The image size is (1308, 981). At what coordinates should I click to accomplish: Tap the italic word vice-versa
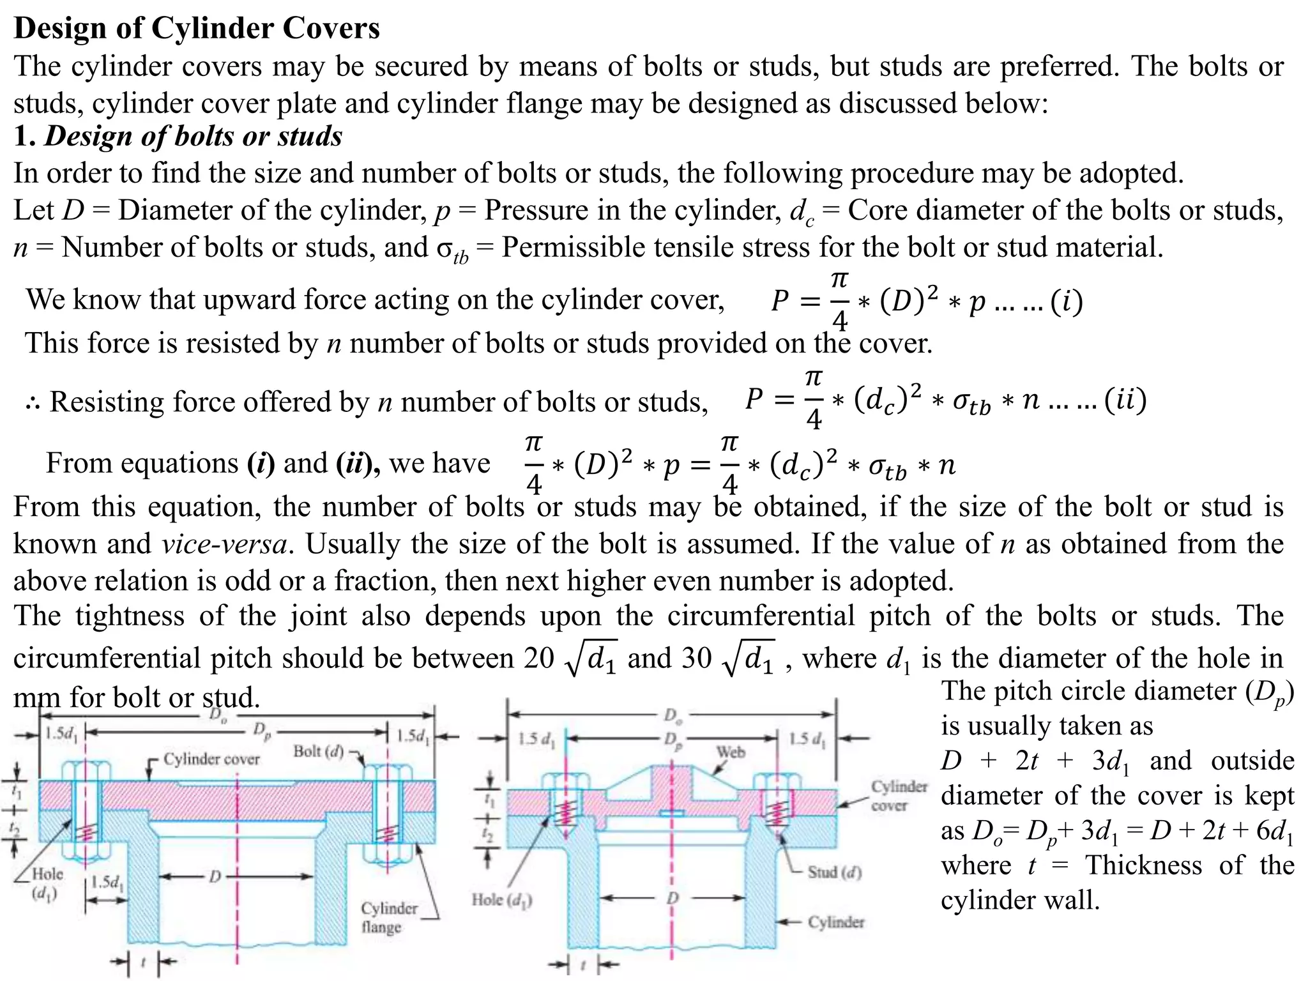224,544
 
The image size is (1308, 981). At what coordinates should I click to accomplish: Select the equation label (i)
1067,301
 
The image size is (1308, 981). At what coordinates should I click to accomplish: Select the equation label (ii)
1125,400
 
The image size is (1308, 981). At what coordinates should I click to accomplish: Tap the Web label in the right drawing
731,752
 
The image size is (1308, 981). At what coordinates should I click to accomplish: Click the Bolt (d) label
318,751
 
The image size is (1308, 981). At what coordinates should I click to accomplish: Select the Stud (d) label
834,872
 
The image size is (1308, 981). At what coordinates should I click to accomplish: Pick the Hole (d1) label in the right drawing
502,900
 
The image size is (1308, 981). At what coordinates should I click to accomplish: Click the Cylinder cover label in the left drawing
211,759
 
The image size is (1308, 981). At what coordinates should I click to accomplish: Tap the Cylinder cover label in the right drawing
898,796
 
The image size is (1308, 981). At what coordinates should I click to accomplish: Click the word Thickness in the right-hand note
1143,866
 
